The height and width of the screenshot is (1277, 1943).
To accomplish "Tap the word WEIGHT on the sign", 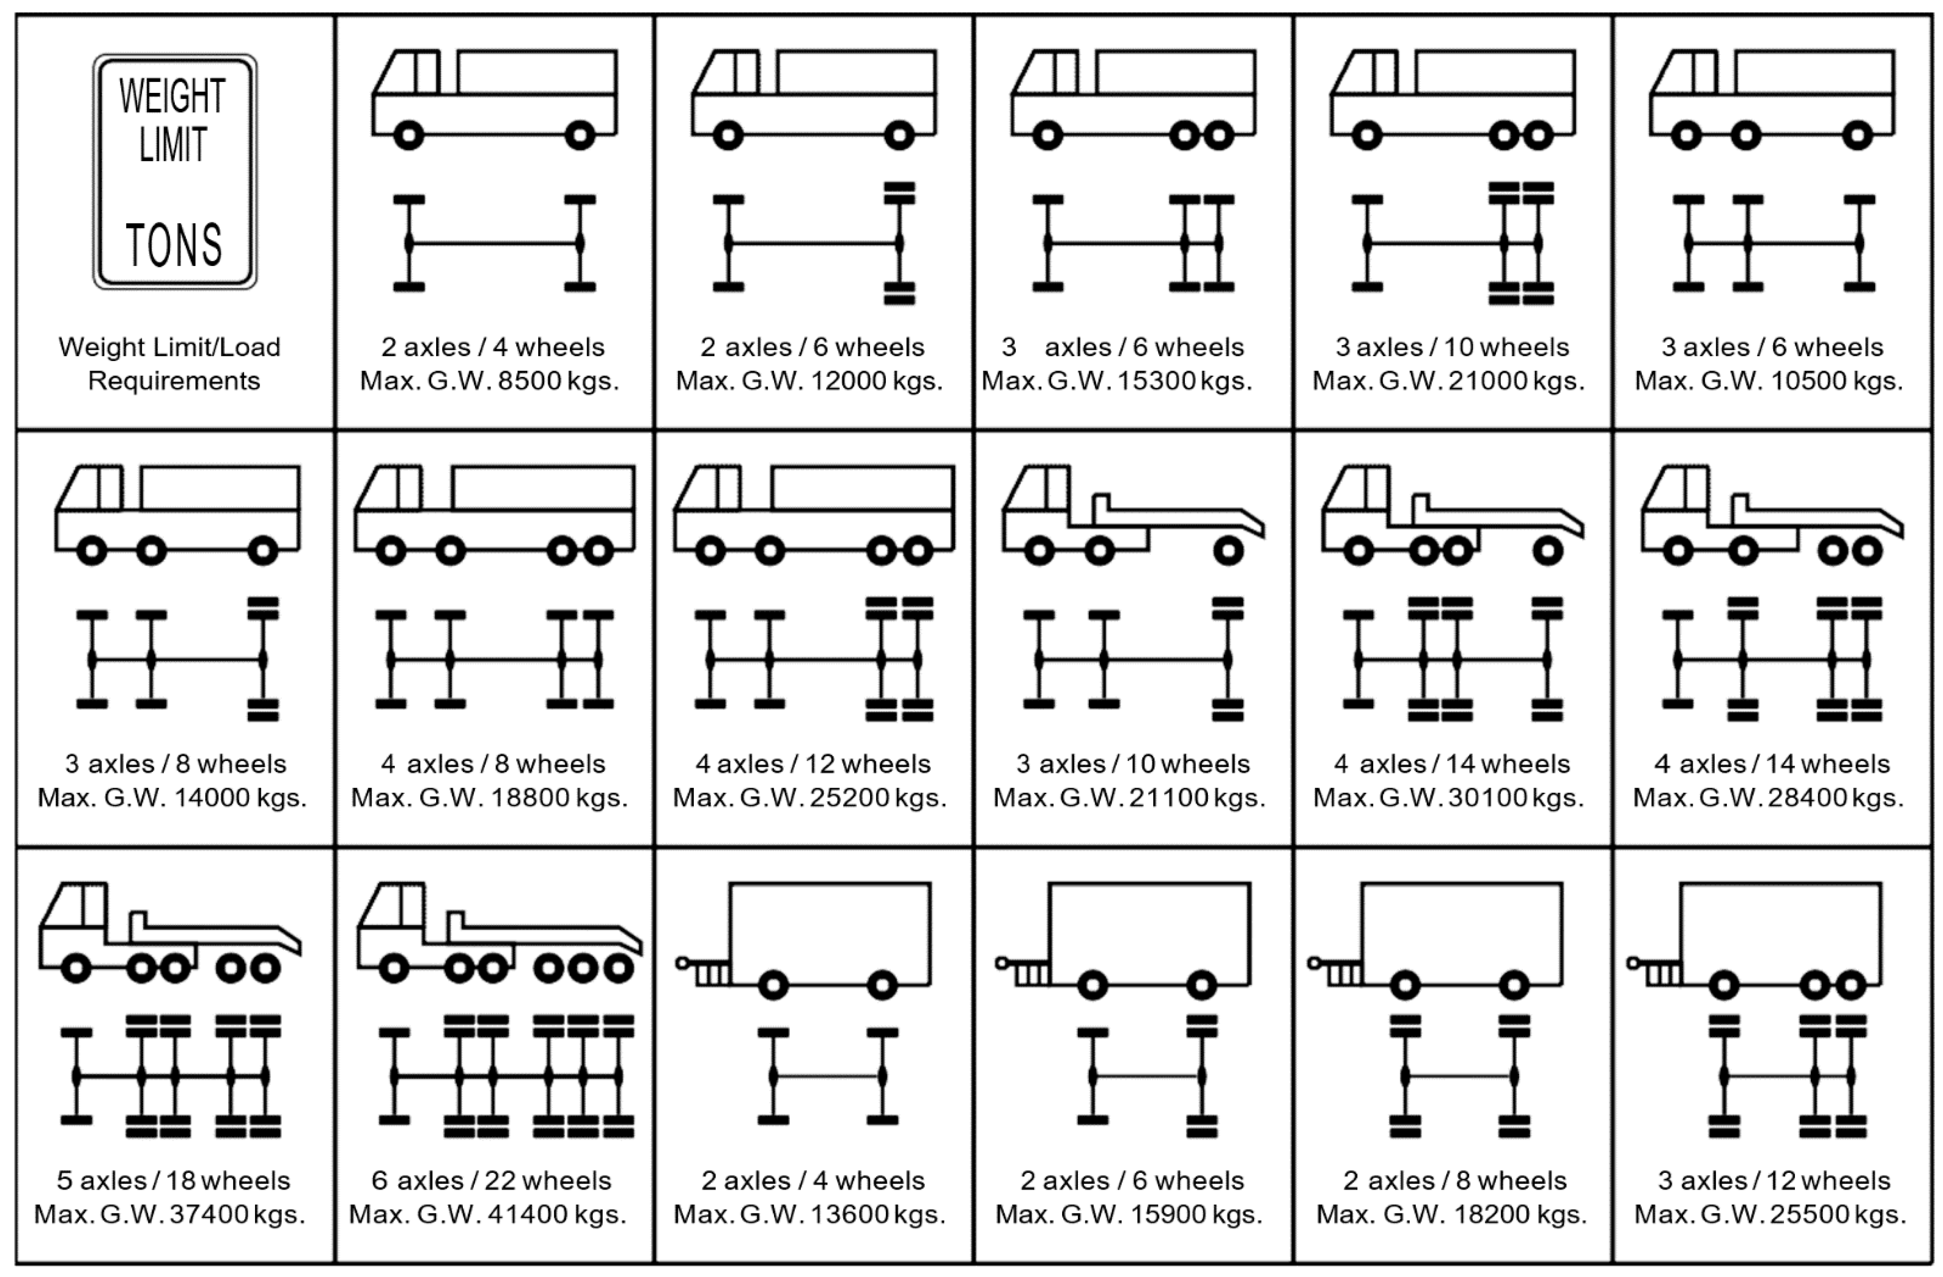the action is [172, 96].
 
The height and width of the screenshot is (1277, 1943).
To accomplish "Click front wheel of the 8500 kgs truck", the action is [409, 135].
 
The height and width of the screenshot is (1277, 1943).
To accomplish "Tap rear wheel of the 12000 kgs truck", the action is [899, 135].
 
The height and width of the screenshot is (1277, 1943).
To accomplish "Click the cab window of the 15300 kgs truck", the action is [1064, 72].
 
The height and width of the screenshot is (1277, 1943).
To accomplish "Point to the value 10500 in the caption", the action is [1809, 381].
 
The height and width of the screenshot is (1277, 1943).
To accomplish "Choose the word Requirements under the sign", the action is [174, 381].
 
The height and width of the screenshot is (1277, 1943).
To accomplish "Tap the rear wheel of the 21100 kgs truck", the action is [1229, 551].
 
